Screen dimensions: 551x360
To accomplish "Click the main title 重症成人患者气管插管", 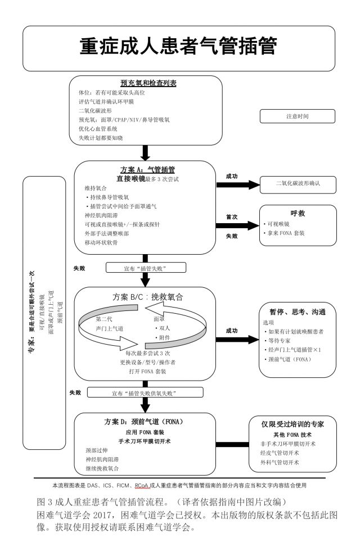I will (179, 47).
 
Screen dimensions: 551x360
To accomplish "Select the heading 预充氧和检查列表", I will (148, 83).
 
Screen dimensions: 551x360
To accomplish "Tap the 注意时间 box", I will (298, 116).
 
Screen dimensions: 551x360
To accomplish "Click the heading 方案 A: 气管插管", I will (147, 169).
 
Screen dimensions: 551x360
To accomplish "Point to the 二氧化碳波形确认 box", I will (298, 184).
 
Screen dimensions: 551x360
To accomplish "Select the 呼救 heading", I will (298, 214).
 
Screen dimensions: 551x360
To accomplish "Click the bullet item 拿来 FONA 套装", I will (287, 233).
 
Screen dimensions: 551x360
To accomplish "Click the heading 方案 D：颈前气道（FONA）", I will (144, 421).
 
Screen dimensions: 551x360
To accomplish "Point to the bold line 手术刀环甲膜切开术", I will (144, 441).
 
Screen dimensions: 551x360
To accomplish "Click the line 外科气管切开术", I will (280, 462).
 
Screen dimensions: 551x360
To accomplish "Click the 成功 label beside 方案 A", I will (231, 176).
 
